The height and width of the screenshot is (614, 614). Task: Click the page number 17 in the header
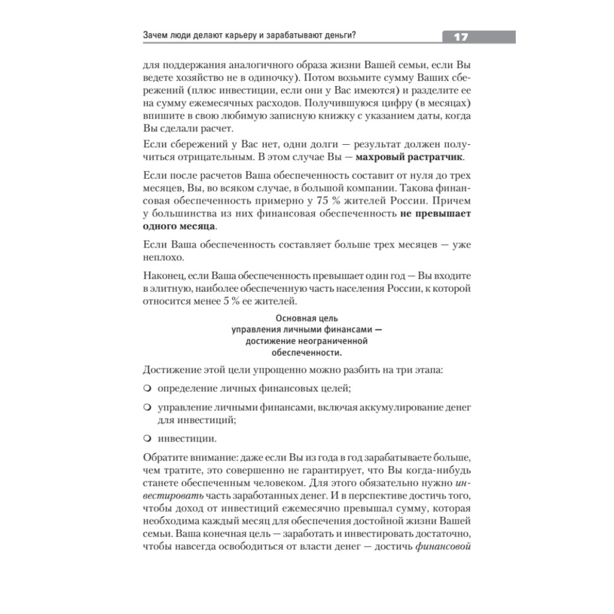(x=461, y=37)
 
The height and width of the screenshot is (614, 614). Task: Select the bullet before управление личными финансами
(x=147, y=407)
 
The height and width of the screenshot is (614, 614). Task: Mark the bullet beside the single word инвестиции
(x=147, y=439)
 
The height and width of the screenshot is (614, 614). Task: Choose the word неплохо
(x=161, y=258)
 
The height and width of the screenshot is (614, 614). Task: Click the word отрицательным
(x=193, y=157)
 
